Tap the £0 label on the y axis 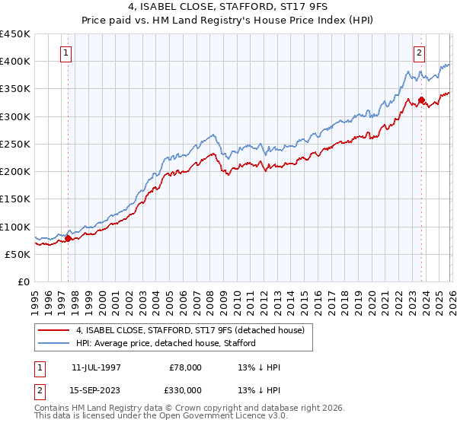point(23,282)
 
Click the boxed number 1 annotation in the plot point(67,53)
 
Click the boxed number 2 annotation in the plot point(420,53)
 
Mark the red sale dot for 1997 point(68,239)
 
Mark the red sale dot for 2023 point(421,100)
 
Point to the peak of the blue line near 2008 point(216,135)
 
